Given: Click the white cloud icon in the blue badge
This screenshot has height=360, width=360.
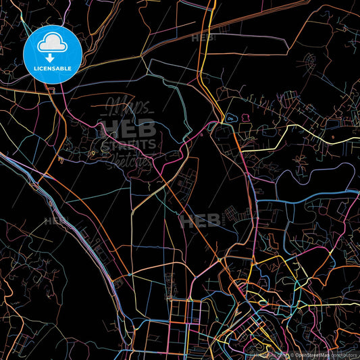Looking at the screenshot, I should (52, 43).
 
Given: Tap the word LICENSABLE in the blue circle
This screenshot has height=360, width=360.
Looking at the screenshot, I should (52, 68).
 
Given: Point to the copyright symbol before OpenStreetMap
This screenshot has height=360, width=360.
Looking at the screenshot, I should (292, 355).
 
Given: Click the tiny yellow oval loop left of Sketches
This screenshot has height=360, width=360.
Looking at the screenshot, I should (93, 153).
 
